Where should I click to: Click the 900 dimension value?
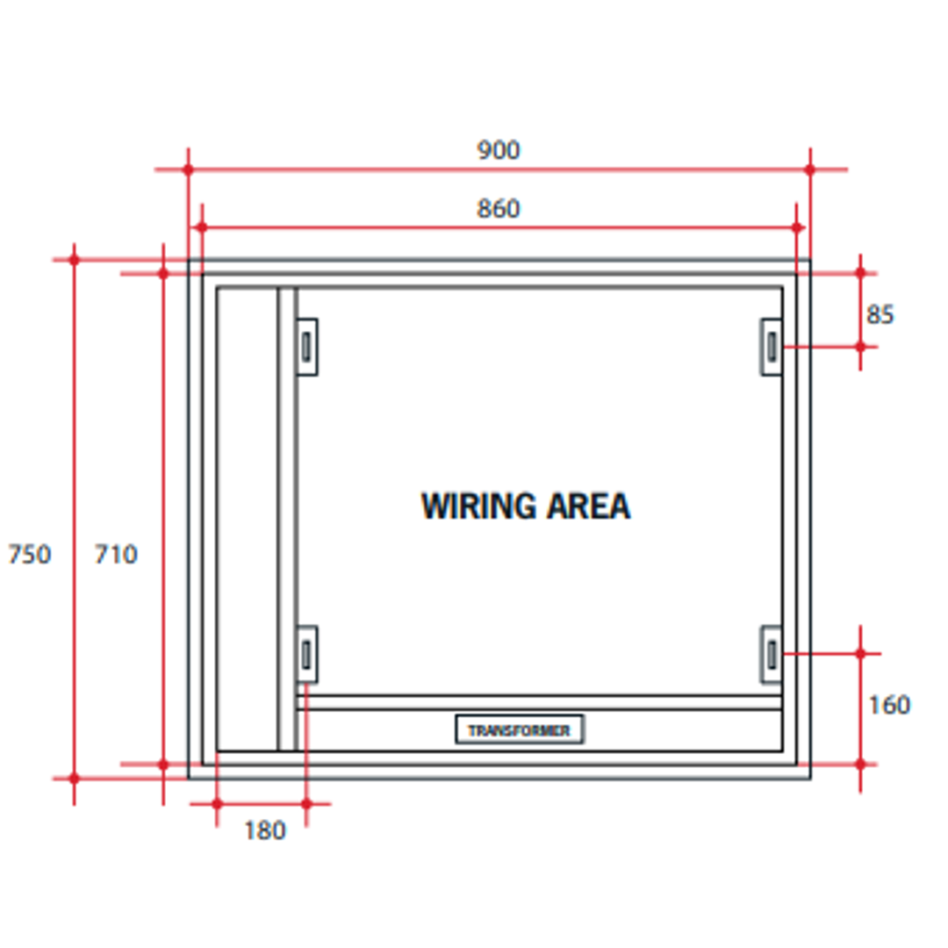[x=499, y=151]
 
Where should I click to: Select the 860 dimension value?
[x=499, y=209]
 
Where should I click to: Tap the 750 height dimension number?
[x=29, y=555]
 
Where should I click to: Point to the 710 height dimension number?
[x=116, y=555]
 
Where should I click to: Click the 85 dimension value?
[x=880, y=314]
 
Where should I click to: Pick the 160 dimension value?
[x=889, y=705]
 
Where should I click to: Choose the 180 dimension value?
[x=264, y=830]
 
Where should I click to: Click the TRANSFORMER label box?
[x=519, y=729]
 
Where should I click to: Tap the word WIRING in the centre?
[x=478, y=506]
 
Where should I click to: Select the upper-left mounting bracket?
[x=306, y=347]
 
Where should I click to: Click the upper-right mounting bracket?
[x=771, y=347]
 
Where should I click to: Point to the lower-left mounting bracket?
[x=306, y=654]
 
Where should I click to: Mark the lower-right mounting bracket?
[x=771, y=654]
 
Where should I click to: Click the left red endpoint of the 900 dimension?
[x=188, y=169]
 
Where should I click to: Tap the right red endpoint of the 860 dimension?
[x=797, y=227]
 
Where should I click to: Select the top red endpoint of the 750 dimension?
[x=74, y=259]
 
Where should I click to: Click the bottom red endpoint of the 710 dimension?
[x=163, y=765]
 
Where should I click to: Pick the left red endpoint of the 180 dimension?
[x=217, y=803]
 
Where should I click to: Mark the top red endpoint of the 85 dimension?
[x=860, y=273]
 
